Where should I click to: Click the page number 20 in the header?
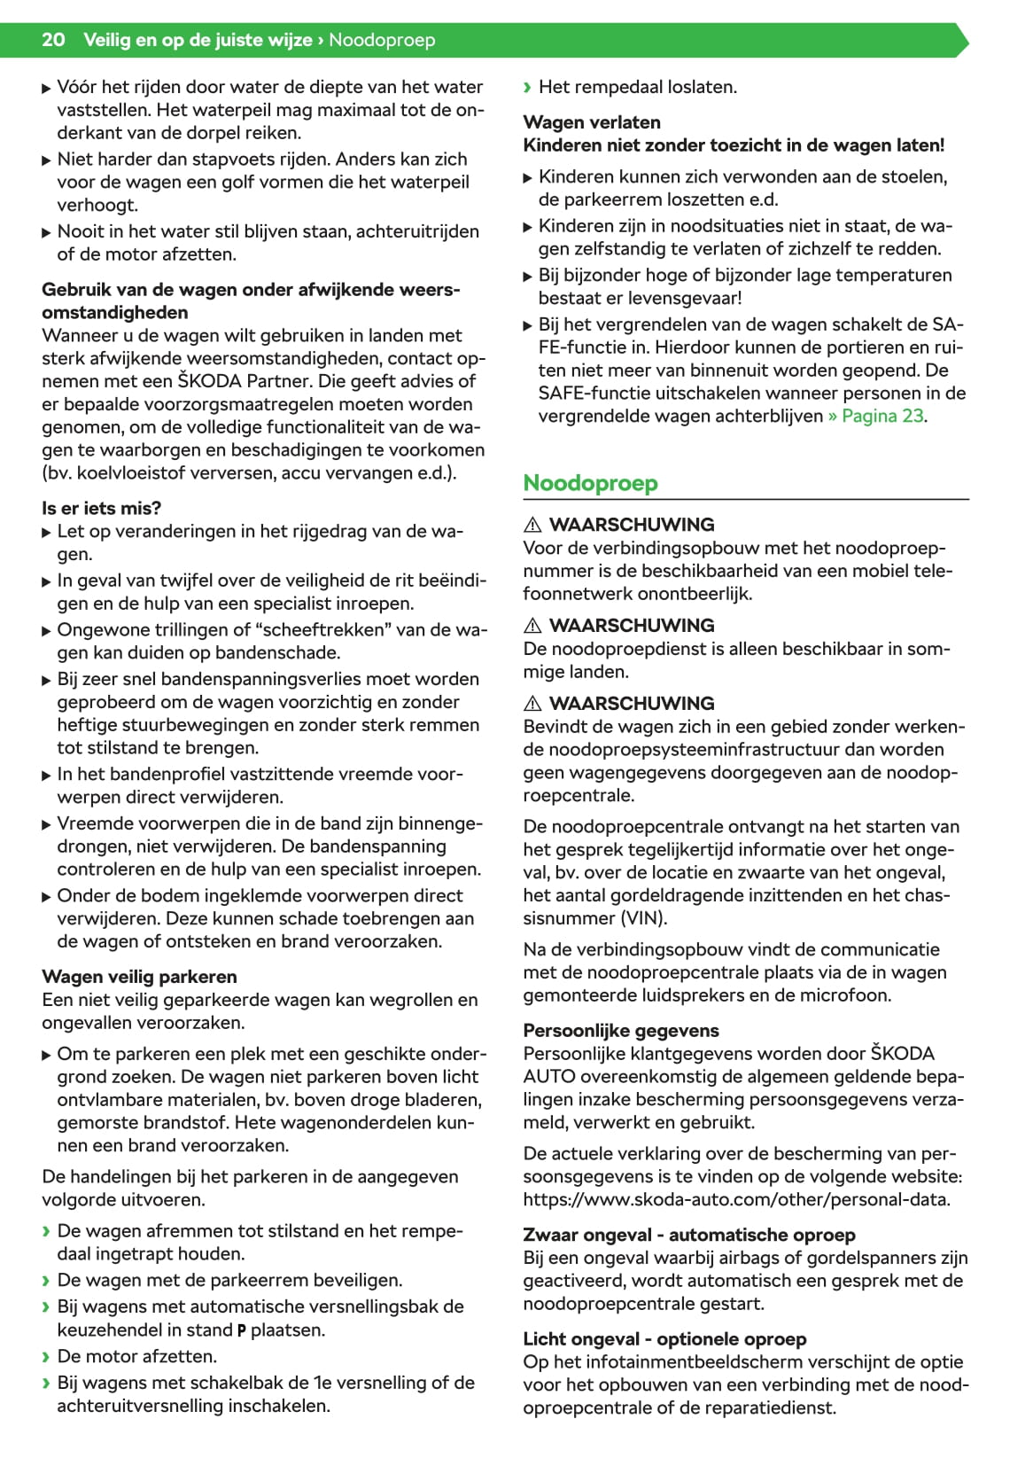click(x=53, y=40)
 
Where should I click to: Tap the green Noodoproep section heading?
click(x=590, y=483)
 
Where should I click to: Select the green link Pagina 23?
click(x=882, y=416)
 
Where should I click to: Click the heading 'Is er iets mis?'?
click(x=101, y=508)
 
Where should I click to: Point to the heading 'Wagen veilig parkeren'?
click(x=139, y=977)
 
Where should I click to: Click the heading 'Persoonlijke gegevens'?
click(x=620, y=1030)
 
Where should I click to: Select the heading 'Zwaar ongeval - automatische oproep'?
click(x=689, y=1235)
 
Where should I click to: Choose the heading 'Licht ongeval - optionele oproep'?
click(x=664, y=1338)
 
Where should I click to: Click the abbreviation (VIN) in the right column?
click(x=646, y=918)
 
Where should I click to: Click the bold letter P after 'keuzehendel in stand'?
click(x=241, y=1330)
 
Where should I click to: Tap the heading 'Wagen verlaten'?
click(x=591, y=122)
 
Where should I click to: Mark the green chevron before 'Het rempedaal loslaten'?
click(x=528, y=87)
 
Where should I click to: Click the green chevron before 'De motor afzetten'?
click(x=47, y=1356)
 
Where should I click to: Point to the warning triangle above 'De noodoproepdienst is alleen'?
click(x=532, y=626)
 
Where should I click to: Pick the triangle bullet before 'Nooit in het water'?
click(x=47, y=232)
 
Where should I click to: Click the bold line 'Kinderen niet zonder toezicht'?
click(x=734, y=145)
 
